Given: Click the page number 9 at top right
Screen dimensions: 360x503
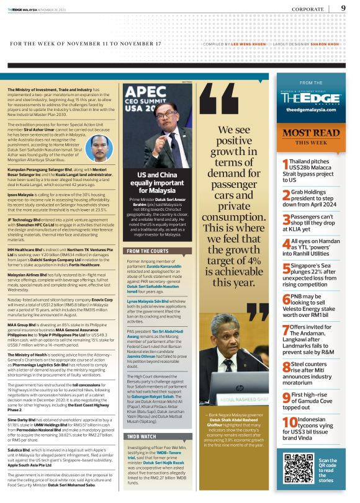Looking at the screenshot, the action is [x=343, y=8].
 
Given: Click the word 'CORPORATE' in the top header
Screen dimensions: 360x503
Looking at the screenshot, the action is [x=313, y=9].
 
